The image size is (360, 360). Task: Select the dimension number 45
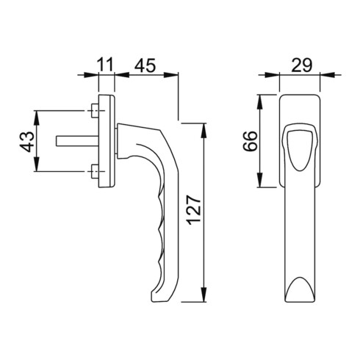[x=145, y=64]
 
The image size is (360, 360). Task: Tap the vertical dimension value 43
[x=25, y=141]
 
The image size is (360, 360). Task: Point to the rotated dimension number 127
[x=192, y=213]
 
